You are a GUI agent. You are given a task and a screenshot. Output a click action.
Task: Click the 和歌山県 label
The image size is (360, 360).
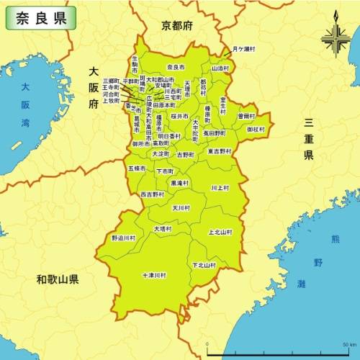(x=58, y=279)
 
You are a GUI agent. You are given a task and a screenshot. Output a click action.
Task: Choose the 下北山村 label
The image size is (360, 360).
(x=204, y=265)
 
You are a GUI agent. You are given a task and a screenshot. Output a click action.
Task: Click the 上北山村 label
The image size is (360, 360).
(x=220, y=233)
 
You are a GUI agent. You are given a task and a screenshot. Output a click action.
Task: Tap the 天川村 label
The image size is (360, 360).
(x=181, y=207)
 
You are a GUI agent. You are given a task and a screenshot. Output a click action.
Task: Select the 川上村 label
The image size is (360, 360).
(x=220, y=187)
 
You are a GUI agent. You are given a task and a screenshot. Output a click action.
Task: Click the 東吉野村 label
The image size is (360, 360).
(x=220, y=151)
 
